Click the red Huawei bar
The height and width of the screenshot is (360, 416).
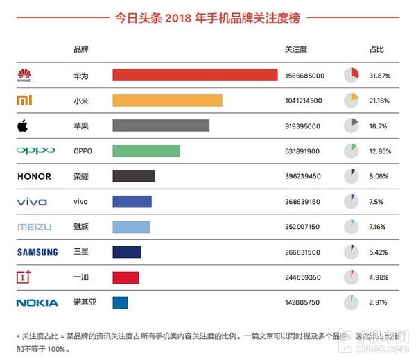pos(195,75)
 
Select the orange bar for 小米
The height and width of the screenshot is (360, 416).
pos(167,101)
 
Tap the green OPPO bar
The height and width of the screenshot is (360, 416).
pos(146,151)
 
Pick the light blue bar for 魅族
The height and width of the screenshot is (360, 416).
pos(131,226)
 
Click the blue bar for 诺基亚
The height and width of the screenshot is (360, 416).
pos(120,302)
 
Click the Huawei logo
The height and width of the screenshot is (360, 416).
pos(25,75)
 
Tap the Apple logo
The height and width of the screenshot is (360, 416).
pos(24,126)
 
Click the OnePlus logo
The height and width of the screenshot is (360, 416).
pos(24,277)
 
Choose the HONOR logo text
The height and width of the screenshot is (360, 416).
pos(35,176)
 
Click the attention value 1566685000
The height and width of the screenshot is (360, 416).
pos(304,76)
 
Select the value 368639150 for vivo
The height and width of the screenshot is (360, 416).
pos(302,202)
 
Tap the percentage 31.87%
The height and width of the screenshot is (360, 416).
pos(381,76)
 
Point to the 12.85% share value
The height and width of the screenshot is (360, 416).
pos(381,151)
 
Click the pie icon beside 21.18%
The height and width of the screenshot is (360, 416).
pos(350,101)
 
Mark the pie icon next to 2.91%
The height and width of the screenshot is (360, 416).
pos(350,302)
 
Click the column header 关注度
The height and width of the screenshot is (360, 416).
pos(296,50)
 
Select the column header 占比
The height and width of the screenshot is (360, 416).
pos(376,50)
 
